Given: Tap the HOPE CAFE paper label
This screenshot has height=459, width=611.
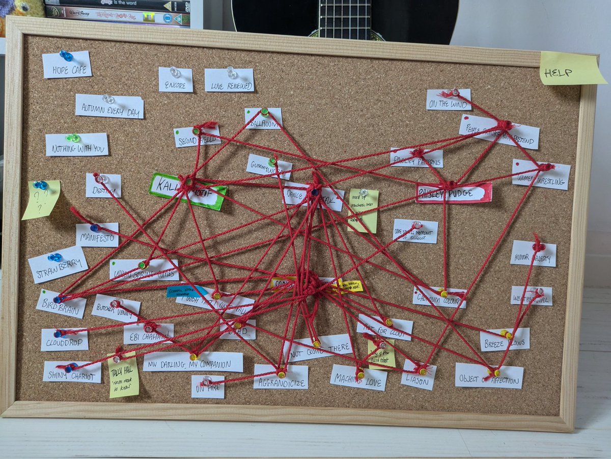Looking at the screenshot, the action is pyautogui.click(x=67, y=65).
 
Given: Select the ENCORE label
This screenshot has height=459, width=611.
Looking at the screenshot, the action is pyautogui.click(x=176, y=80).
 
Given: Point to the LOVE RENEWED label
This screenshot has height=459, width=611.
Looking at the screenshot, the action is pyautogui.click(x=229, y=81).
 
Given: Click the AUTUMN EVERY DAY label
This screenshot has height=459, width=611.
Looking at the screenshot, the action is pyautogui.click(x=109, y=106).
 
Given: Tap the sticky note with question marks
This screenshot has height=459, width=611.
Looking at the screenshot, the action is pyautogui.click(x=40, y=199).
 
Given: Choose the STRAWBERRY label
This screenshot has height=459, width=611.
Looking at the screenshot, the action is pyautogui.click(x=58, y=264).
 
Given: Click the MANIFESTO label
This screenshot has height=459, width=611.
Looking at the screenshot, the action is pyautogui.click(x=97, y=235).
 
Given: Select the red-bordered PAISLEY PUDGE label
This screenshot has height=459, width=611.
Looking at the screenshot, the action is pyautogui.click(x=454, y=193).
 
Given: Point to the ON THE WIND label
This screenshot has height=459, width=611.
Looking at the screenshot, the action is pyautogui.click(x=448, y=100).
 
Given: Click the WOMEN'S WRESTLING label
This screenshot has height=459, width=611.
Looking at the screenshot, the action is pyautogui.click(x=541, y=175).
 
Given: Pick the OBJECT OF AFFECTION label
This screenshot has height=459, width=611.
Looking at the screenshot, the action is pyautogui.click(x=489, y=376).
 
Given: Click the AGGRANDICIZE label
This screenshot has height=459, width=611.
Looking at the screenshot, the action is pyautogui.click(x=281, y=377).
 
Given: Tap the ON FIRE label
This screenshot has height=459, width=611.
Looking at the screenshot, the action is pyautogui.click(x=208, y=387).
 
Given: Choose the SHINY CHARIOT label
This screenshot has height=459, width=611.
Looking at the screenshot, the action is pyautogui.click(x=72, y=372).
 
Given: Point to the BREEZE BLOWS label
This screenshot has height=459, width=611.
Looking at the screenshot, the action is pyautogui.click(x=504, y=340).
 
